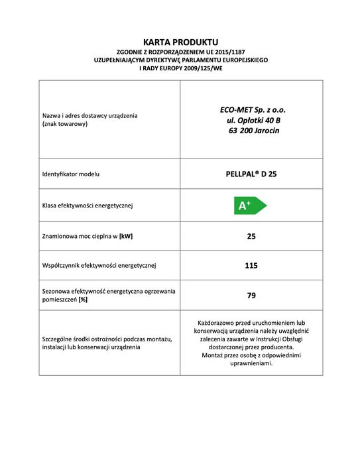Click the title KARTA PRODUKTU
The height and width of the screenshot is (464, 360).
[x=180, y=42]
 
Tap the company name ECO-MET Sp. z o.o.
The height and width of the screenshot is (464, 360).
[x=252, y=109]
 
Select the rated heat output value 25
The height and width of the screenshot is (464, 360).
[x=251, y=236]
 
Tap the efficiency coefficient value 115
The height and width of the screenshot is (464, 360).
[x=251, y=266]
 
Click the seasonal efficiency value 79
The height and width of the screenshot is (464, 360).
[x=251, y=296]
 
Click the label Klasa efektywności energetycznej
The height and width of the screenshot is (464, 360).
[x=88, y=205]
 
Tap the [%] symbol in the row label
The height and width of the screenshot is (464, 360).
[x=84, y=300]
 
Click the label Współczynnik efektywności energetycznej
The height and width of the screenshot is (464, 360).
[x=99, y=266]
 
